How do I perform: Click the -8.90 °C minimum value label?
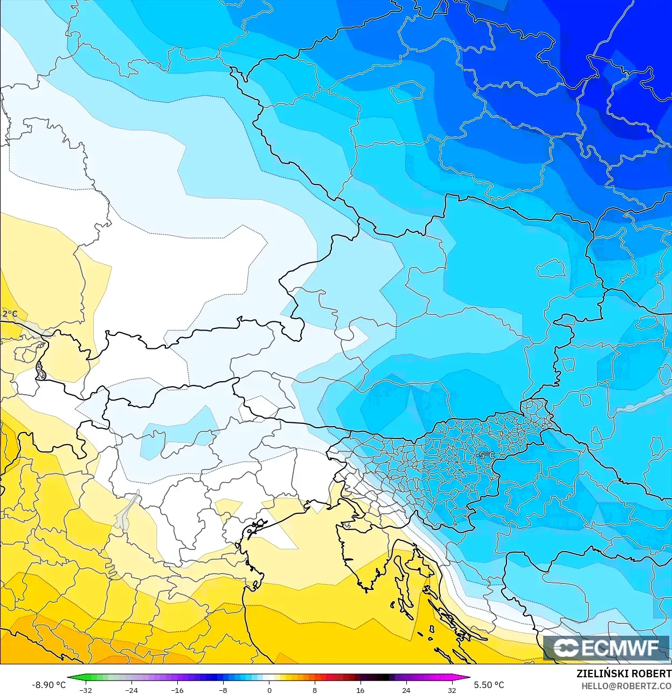coord(49,684)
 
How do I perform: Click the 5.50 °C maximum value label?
coord(489,684)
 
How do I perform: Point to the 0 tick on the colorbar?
coord(269,690)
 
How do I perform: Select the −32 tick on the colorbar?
coord(86,690)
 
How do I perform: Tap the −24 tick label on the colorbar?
coord(131,690)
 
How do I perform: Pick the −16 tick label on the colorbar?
coord(177,690)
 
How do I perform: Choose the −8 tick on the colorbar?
coord(223,690)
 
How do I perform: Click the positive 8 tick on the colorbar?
coord(315,690)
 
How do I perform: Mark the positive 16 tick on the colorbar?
coord(360,690)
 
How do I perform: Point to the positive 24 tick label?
coord(406,690)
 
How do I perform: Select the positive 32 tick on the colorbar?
coord(452,690)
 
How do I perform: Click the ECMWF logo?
coord(607,648)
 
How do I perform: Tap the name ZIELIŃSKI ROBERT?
coord(623,674)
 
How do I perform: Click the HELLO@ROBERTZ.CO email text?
coord(626,686)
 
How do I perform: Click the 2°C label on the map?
coord(10,314)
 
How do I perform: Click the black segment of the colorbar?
coord(383,678)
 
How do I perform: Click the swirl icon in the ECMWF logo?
coord(566,648)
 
